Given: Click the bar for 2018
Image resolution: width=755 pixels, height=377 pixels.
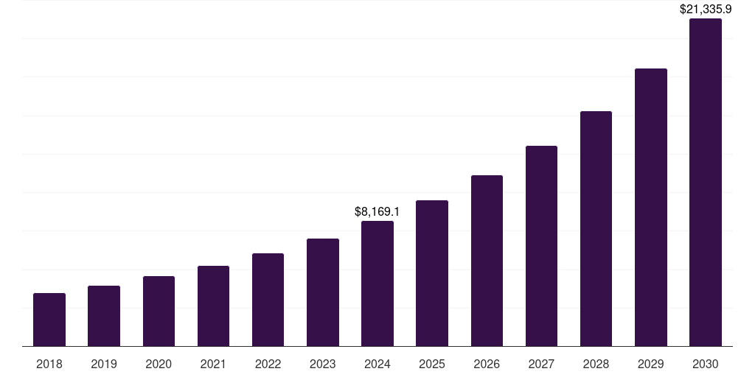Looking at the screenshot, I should pyautogui.click(x=49, y=320).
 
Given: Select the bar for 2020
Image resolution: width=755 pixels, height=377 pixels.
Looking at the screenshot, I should pyautogui.click(x=159, y=311).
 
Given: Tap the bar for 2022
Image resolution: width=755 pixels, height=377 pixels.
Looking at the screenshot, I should pyautogui.click(x=268, y=300).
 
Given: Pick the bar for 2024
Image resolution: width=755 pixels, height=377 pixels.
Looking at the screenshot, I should pyautogui.click(x=377, y=283).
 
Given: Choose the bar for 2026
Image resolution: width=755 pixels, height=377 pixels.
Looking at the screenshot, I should pyautogui.click(x=487, y=261).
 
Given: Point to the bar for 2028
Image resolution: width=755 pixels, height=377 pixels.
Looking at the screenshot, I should pyautogui.click(x=596, y=228).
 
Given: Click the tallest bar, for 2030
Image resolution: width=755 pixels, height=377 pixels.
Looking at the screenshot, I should pyautogui.click(x=706, y=182).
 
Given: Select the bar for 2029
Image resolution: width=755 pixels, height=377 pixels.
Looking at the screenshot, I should pyautogui.click(x=651, y=207).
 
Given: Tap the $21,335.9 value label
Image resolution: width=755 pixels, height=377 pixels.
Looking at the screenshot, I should pyautogui.click(x=705, y=10).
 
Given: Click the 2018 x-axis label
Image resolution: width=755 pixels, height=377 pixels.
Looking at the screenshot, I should pyautogui.click(x=49, y=364).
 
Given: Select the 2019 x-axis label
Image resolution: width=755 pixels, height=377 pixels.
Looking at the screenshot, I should pyautogui.click(x=104, y=364).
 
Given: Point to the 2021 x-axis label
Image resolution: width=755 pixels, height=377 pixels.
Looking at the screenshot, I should pyautogui.click(x=213, y=364).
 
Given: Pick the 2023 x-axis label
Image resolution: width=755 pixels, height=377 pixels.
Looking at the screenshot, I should pyautogui.click(x=323, y=364).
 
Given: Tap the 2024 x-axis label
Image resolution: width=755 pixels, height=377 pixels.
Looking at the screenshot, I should pyautogui.click(x=377, y=364).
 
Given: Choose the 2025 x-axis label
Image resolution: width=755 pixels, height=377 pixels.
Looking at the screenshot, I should pyautogui.click(x=432, y=364).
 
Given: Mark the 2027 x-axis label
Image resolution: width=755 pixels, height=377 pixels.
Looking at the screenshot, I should pyautogui.click(x=541, y=364).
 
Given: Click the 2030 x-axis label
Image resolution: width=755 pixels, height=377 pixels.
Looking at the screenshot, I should pyautogui.click(x=706, y=364).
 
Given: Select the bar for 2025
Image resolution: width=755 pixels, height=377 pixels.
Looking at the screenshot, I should pyautogui.click(x=432, y=273).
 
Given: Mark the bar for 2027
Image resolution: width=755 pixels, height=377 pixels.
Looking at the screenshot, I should pyautogui.click(x=541, y=246).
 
